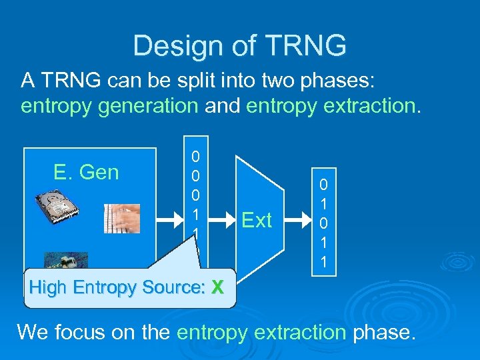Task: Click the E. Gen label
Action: click(86, 173)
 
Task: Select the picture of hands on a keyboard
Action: click(121, 218)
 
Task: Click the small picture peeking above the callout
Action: click(66, 260)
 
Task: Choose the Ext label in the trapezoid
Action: click(257, 220)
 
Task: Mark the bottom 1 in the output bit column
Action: click(323, 263)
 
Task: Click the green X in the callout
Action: click(217, 288)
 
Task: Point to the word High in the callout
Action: click(49, 288)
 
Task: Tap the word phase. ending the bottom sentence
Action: click(385, 331)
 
